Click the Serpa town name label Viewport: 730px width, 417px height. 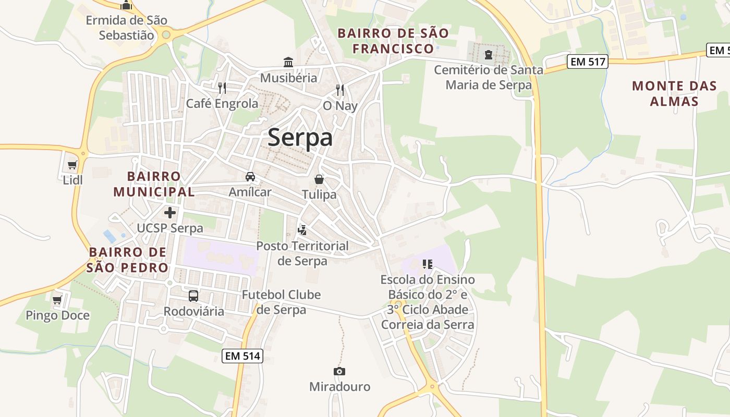pos(300,138)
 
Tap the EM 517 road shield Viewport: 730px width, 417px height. pos(588,62)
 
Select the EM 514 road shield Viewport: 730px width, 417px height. pos(242,356)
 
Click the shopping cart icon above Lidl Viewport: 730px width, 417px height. pos(72,165)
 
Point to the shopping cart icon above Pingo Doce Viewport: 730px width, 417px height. pos(57,300)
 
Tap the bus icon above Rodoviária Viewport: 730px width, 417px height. pos(193,296)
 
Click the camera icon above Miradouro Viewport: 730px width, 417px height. pos(339,371)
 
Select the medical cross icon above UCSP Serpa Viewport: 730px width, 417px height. pos(170,213)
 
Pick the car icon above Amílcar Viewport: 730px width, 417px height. pos(250,177)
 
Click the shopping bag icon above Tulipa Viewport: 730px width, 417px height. pos(319,179)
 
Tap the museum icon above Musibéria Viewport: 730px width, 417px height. pos(288,63)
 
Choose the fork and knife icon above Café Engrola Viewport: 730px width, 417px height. pos(222,88)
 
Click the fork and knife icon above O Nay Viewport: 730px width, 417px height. pos(340,90)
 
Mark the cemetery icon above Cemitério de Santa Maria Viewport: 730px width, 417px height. pos(489,54)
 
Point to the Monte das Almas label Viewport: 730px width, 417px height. pos(674,93)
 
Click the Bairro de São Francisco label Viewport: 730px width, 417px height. pos(393,41)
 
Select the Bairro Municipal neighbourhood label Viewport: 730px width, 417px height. pos(154,184)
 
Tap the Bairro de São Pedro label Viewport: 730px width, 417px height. pos(128,260)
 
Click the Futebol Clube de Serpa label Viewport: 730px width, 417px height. pos(281,302)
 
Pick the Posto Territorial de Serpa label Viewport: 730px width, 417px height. pos(302,253)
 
